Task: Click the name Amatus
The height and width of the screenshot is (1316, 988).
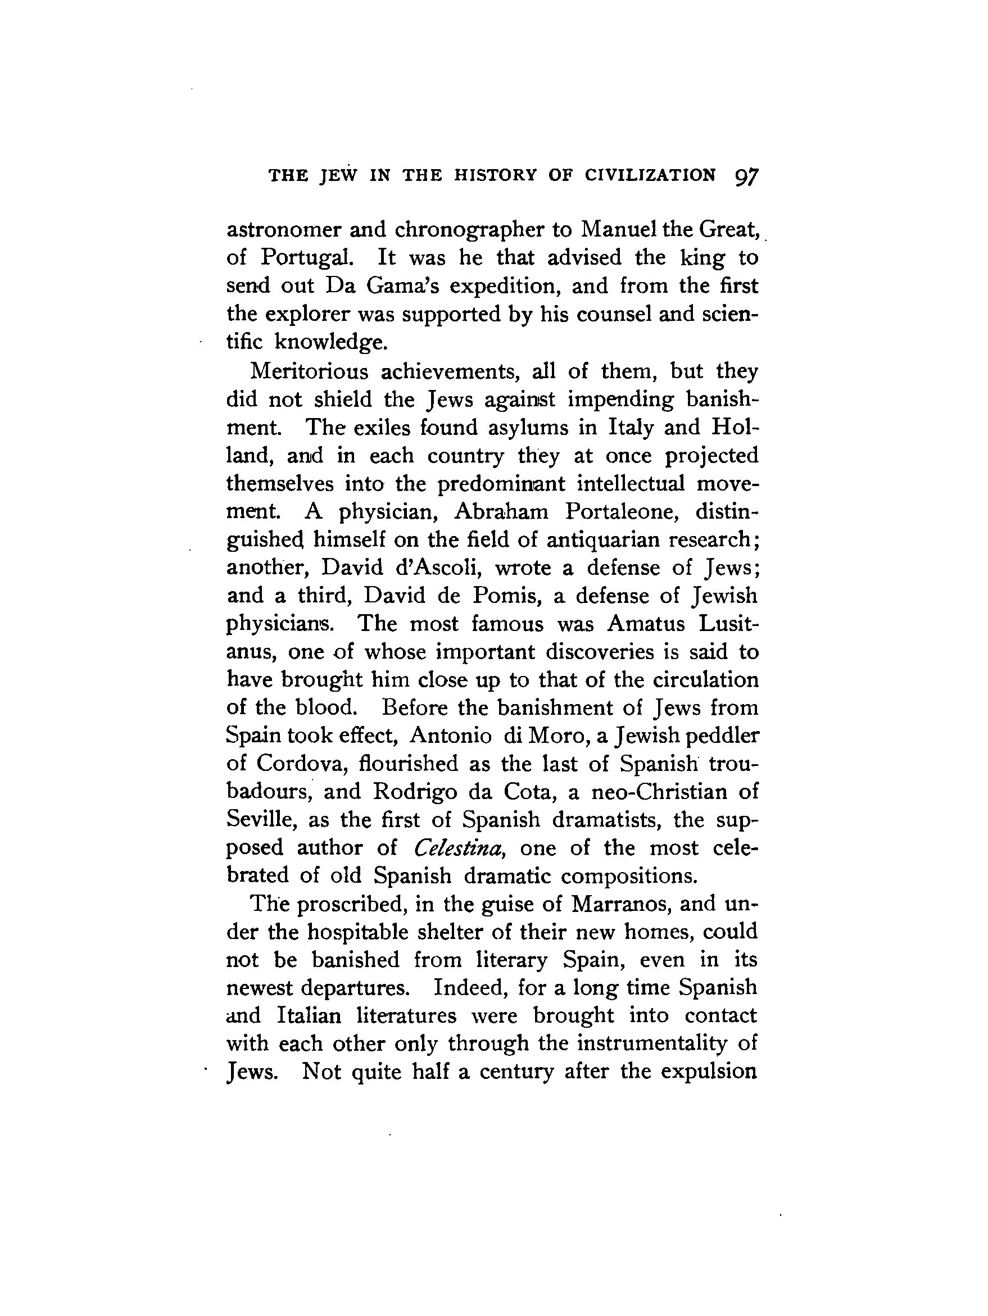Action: pyautogui.click(x=643, y=624)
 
